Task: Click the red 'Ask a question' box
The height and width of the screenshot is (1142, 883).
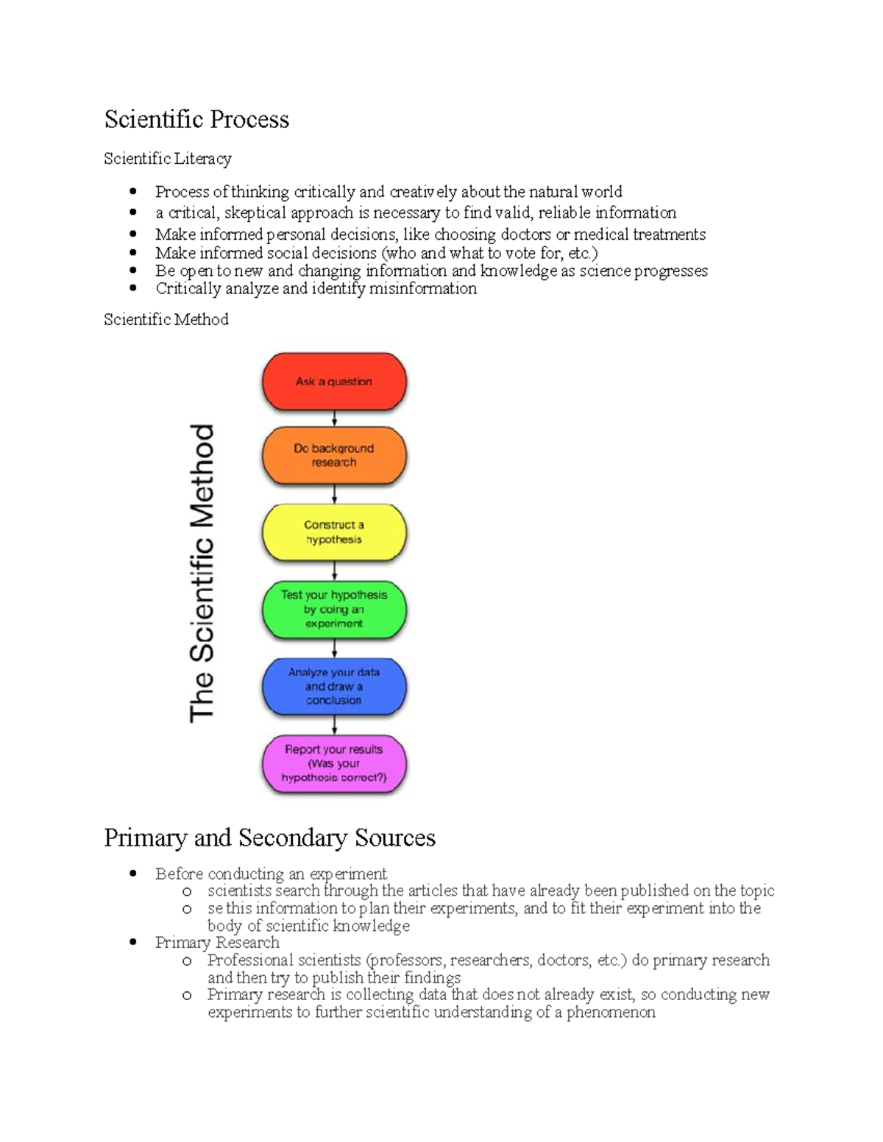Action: tap(334, 382)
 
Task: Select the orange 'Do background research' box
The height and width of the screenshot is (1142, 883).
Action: tap(334, 455)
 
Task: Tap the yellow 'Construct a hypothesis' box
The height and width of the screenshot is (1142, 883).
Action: tap(334, 532)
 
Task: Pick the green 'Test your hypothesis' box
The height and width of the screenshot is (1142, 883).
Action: tap(334, 609)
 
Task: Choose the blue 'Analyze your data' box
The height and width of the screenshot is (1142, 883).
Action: tap(334, 686)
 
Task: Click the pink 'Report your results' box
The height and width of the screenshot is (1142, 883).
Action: tap(334, 763)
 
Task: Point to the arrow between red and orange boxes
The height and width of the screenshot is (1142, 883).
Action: tap(334, 418)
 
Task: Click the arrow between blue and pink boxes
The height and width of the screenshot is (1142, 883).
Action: tap(334, 726)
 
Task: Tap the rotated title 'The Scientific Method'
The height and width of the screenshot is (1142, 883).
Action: tap(202, 573)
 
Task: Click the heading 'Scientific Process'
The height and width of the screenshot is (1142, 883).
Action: tap(196, 120)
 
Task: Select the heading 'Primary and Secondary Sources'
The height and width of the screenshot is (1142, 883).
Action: tap(269, 838)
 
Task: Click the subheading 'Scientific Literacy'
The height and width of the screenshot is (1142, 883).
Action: tap(168, 159)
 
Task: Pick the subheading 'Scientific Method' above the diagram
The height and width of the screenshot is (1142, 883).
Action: tap(166, 320)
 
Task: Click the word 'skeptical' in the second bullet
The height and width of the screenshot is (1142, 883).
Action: tap(255, 213)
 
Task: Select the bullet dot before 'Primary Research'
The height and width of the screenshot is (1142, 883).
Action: tap(133, 942)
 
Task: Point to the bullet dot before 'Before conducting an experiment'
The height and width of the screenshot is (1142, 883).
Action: tap(133, 874)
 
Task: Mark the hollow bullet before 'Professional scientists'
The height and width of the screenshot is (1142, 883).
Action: tap(187, 961)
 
